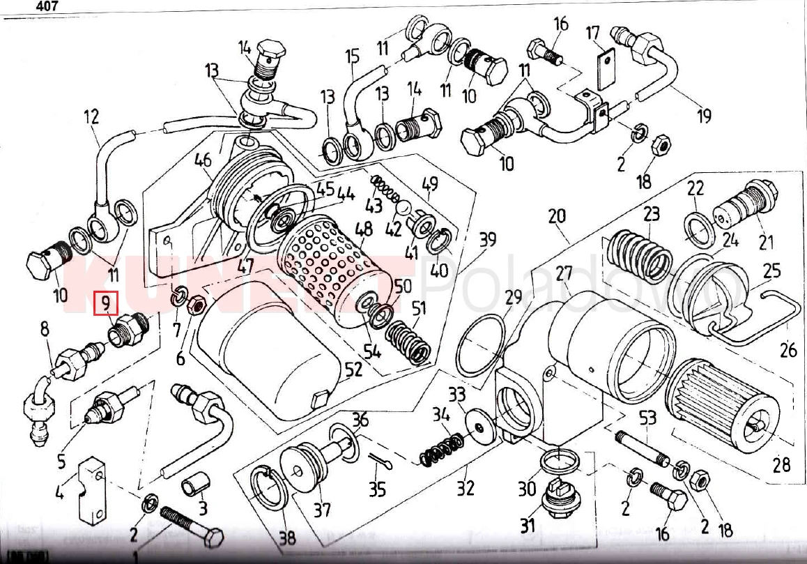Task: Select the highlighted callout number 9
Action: coord(107,304)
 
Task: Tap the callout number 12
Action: coord(91,116)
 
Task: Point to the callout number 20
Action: coord(557,217)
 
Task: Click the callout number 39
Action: coord(487,240)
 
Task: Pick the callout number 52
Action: coord(354,370)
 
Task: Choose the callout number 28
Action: coord(781,464)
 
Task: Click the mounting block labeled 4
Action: coord(91,488)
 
